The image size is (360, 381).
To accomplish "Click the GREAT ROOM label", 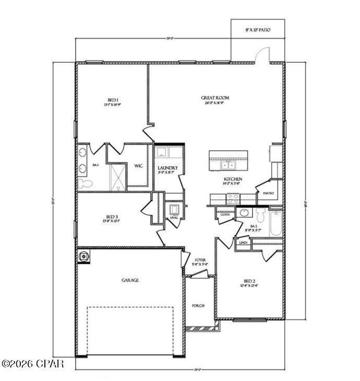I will tap(215, 97).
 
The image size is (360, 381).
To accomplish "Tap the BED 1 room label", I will tap(113, 100).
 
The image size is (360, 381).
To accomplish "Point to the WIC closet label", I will tap(139, 166).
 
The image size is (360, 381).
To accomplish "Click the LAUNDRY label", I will tap(168, 168).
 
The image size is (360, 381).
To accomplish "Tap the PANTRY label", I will tap(269, 193).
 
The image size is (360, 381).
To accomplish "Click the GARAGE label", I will tap(130, 280).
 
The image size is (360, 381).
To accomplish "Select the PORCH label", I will tap(198, 306).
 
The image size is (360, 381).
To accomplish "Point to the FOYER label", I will tap(201, 260).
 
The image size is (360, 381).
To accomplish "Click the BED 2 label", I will tap(249, 280).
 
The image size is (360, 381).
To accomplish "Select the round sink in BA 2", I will tap(244, 213).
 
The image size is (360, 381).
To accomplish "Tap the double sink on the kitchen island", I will tap(228, 165).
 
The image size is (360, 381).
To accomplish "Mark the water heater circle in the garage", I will tap(83, 256).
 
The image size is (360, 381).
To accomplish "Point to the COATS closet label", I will tap(225, 214).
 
